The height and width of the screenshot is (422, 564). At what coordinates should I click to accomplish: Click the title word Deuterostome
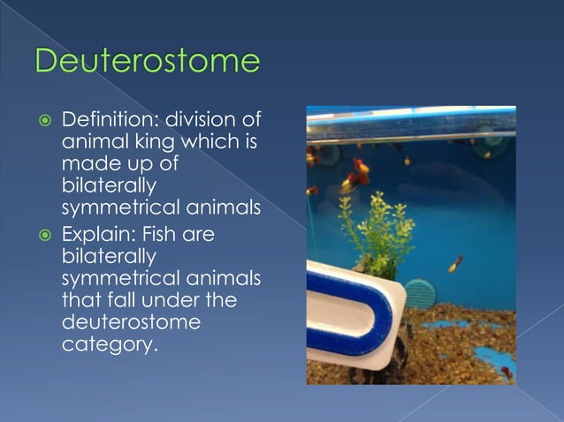click(x=148, y=63)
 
